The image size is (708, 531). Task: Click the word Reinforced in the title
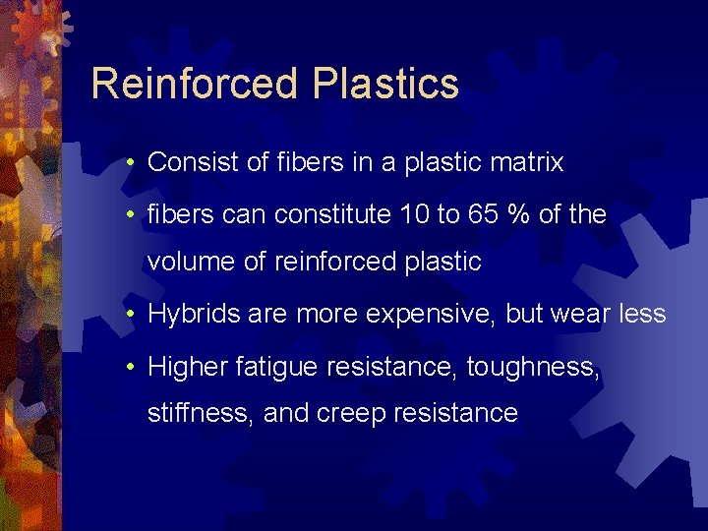195,85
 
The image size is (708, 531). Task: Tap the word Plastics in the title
386,85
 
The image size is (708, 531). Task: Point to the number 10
412,214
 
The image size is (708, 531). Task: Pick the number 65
483,214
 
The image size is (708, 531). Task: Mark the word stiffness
201,413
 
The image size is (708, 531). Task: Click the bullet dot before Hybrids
131,315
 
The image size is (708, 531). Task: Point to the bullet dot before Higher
131,367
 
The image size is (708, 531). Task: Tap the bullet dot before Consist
131,162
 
